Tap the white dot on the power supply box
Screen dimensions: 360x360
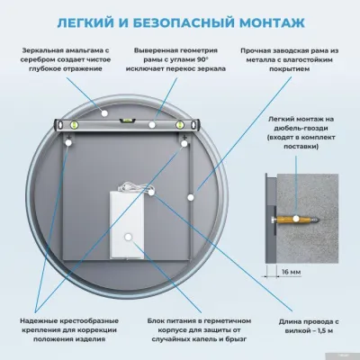click(130, 238)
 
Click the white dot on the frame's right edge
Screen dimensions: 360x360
click(193, 192)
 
